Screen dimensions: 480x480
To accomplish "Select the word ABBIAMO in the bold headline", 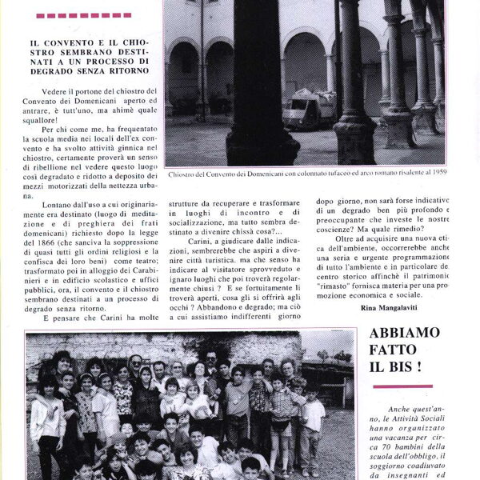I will pyautogui.click(x=405, y=332).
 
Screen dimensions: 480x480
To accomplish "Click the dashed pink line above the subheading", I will pyautogui.click(x=83, y=15).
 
